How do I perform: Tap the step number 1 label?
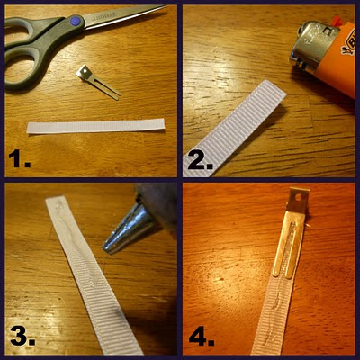click(x=20, y=159)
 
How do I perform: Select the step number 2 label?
click(x=201, y=161)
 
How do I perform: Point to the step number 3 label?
click(x=22, y=335)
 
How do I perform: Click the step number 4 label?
click(x=202, y=336)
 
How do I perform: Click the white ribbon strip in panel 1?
click(x=96, y=126)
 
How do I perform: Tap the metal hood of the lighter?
click(x=314, y=47)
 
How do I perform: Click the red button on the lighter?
click(x=337, y=21)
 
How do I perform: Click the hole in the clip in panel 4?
click(x=299, y=197)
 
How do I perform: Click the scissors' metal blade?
click(x=123, y=15)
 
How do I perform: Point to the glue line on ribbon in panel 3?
click(x=77, y=243)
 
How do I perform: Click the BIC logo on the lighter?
click(x=349, y=44)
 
